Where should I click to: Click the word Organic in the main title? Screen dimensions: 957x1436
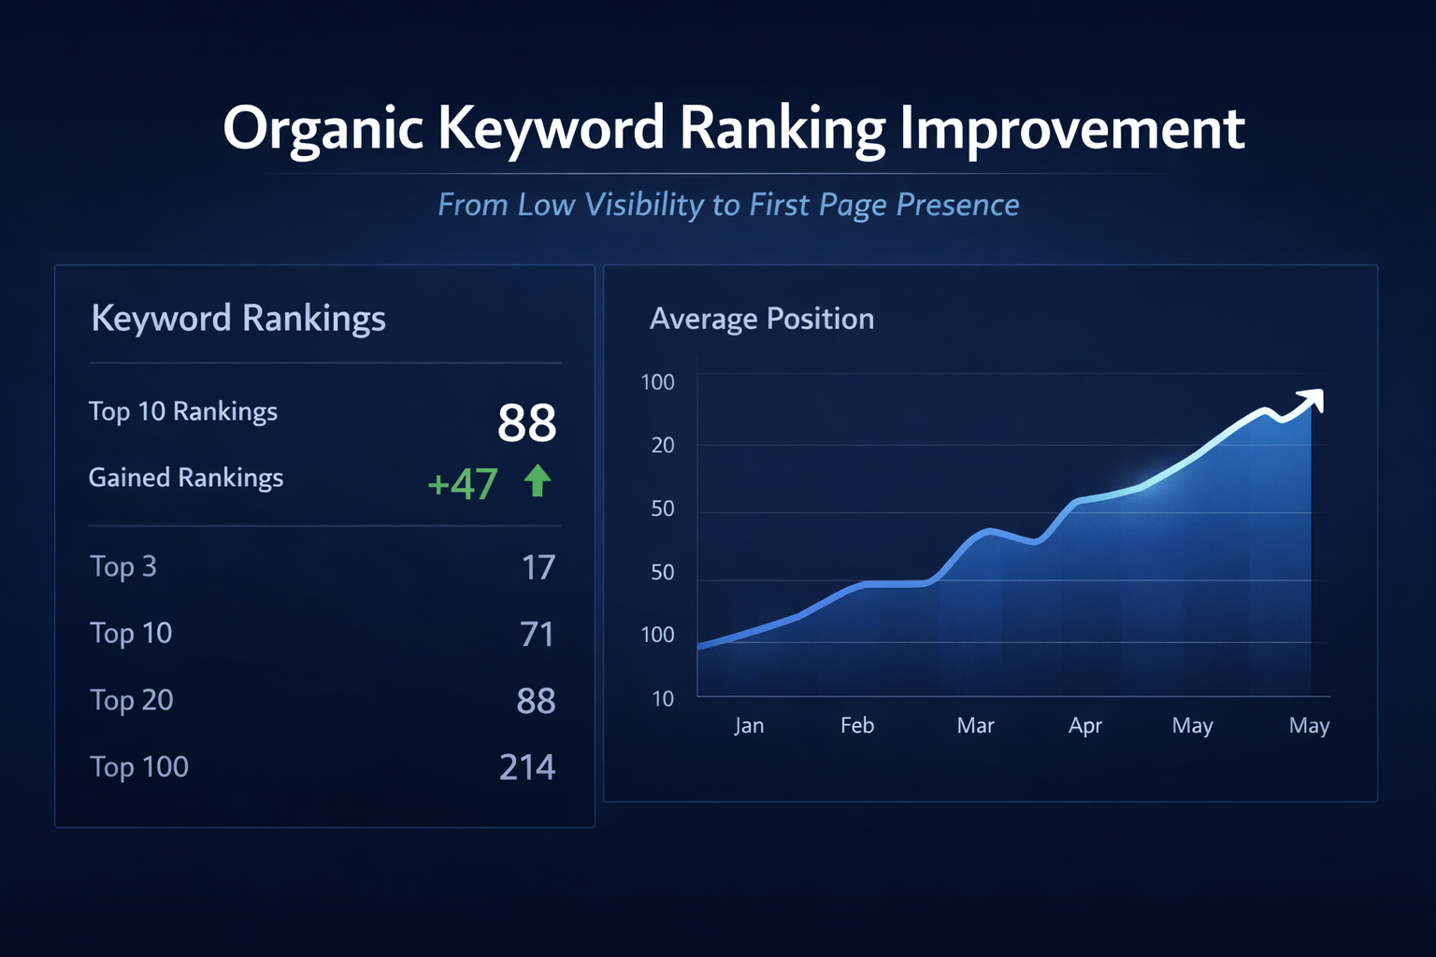[x=323, y=129]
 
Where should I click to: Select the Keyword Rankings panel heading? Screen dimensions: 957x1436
[x=238, y=319]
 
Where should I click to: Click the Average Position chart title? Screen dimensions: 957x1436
[x=762, y=319]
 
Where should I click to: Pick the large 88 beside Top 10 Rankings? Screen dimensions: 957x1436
[x=526, y=422]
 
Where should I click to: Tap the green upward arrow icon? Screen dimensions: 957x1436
[x=538, y=481]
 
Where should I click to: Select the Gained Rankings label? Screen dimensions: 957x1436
[x=186, y=478]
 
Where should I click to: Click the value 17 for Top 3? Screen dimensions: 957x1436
[x=538, y=567]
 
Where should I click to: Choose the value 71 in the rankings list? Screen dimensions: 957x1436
[x=538, y=635]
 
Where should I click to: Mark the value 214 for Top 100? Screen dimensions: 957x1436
[x=527, y=767]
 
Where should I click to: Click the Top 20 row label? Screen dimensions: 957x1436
[x=132, y=700]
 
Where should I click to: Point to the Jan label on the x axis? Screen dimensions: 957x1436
[x=749, y=725]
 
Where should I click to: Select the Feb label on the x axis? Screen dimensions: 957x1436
[x=857, y=725]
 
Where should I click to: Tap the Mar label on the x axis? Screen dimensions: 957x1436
[x=975, y=725]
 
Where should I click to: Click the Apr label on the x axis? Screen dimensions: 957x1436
[x=1085, y=725]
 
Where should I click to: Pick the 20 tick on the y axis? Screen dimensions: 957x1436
[x=663, y=445]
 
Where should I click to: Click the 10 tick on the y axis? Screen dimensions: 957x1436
[x=663, y=698]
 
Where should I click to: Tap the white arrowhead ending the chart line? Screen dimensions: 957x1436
[x=1314, y=400]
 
